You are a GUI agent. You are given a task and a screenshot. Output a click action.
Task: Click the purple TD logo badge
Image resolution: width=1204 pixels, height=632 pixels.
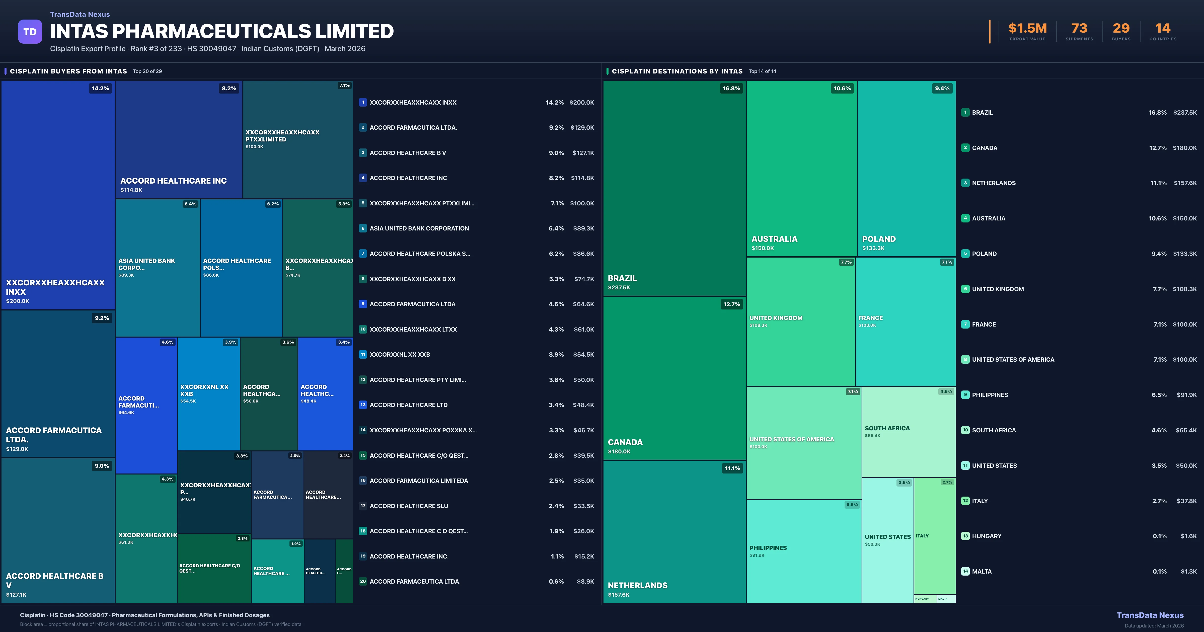pyautogui.click(x=30, y=32)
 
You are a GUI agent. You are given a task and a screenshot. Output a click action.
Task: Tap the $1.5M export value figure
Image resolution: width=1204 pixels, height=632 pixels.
pyautogui.click(x=1027, y=29)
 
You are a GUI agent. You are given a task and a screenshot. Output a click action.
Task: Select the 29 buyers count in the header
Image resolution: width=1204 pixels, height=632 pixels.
pyautogui.click(x=1121, y=29)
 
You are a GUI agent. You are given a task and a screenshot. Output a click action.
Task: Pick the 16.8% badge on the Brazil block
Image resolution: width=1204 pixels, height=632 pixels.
pyautogui.click(x=731, y=88)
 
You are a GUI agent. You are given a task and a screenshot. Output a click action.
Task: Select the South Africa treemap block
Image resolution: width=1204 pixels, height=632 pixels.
pyautogui.click(x=908, y=431)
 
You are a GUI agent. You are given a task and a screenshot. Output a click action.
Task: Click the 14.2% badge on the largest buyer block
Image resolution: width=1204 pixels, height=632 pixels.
pyautogui.click(x=101, y=88)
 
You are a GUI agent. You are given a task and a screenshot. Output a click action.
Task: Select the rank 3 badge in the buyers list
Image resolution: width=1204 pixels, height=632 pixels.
pyautogui.click(x=363, y=153)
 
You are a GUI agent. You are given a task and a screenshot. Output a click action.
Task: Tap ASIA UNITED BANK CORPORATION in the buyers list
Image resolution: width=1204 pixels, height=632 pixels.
pyautogui.click(x=419, y=228)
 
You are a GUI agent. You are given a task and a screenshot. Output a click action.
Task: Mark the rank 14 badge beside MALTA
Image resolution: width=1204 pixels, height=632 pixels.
pyautogui.click(x=965, y=571)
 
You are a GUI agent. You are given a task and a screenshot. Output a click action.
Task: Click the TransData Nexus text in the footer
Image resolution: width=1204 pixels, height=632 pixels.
pyautogui.click(x=1150, y=615)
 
